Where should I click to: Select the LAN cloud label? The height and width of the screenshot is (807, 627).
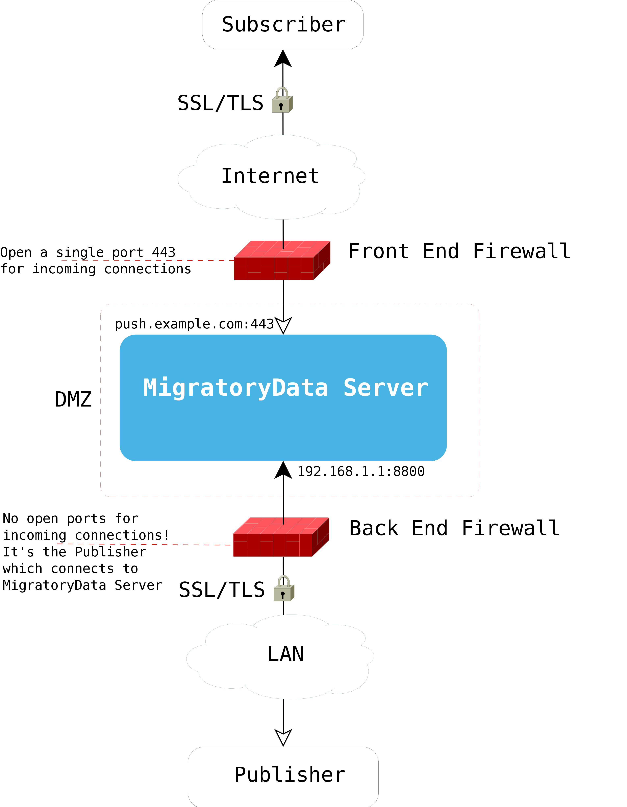pyautogui.click(x=285, y=654)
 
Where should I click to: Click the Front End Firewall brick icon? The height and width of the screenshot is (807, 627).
pyautogui.click(x=282, y=260)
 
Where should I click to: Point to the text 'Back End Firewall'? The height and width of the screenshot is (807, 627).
pyautogui.click(x=454, y=528)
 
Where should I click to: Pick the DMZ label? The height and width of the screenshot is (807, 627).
pyautogui.click(x=73, y=399)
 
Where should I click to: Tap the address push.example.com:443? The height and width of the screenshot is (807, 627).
pyautogui.click(x=194, y=324)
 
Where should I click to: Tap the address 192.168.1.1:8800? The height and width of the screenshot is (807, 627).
pyautogui.click(x=361, y=471)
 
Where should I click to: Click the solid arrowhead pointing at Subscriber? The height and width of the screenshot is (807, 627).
pyautogui.click(x=283, y=59)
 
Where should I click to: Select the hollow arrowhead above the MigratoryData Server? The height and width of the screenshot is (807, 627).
pyautogui.click(x=283, y=325)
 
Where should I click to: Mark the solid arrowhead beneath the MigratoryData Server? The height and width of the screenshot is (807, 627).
pyautogui.click(x=283, y=470)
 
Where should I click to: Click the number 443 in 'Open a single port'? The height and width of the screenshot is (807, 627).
pyautogui.click(x=164, y=252)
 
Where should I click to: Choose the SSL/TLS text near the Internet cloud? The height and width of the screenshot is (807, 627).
pyautogui.click(x=220, y=103)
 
